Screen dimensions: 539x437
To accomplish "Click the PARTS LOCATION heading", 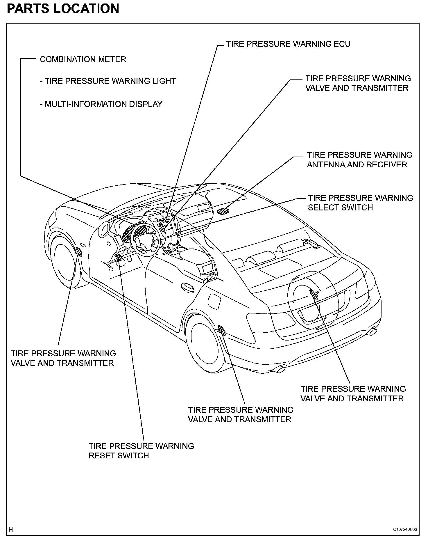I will [63, 8].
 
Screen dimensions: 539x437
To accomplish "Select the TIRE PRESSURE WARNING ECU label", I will [288, 44].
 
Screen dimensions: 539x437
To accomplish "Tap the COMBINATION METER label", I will [83, 59].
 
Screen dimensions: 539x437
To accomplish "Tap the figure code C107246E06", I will [405, 529].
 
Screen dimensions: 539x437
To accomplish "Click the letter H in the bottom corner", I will [11, 529].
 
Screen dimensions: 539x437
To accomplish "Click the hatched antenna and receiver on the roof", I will [223, 211].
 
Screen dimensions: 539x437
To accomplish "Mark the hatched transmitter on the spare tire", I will [314, 294].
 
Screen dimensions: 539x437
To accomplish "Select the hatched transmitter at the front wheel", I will [79, 252].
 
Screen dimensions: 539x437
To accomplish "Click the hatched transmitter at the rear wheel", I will [222, 330].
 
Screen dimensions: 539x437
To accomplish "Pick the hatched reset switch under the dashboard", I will [118, 256].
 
